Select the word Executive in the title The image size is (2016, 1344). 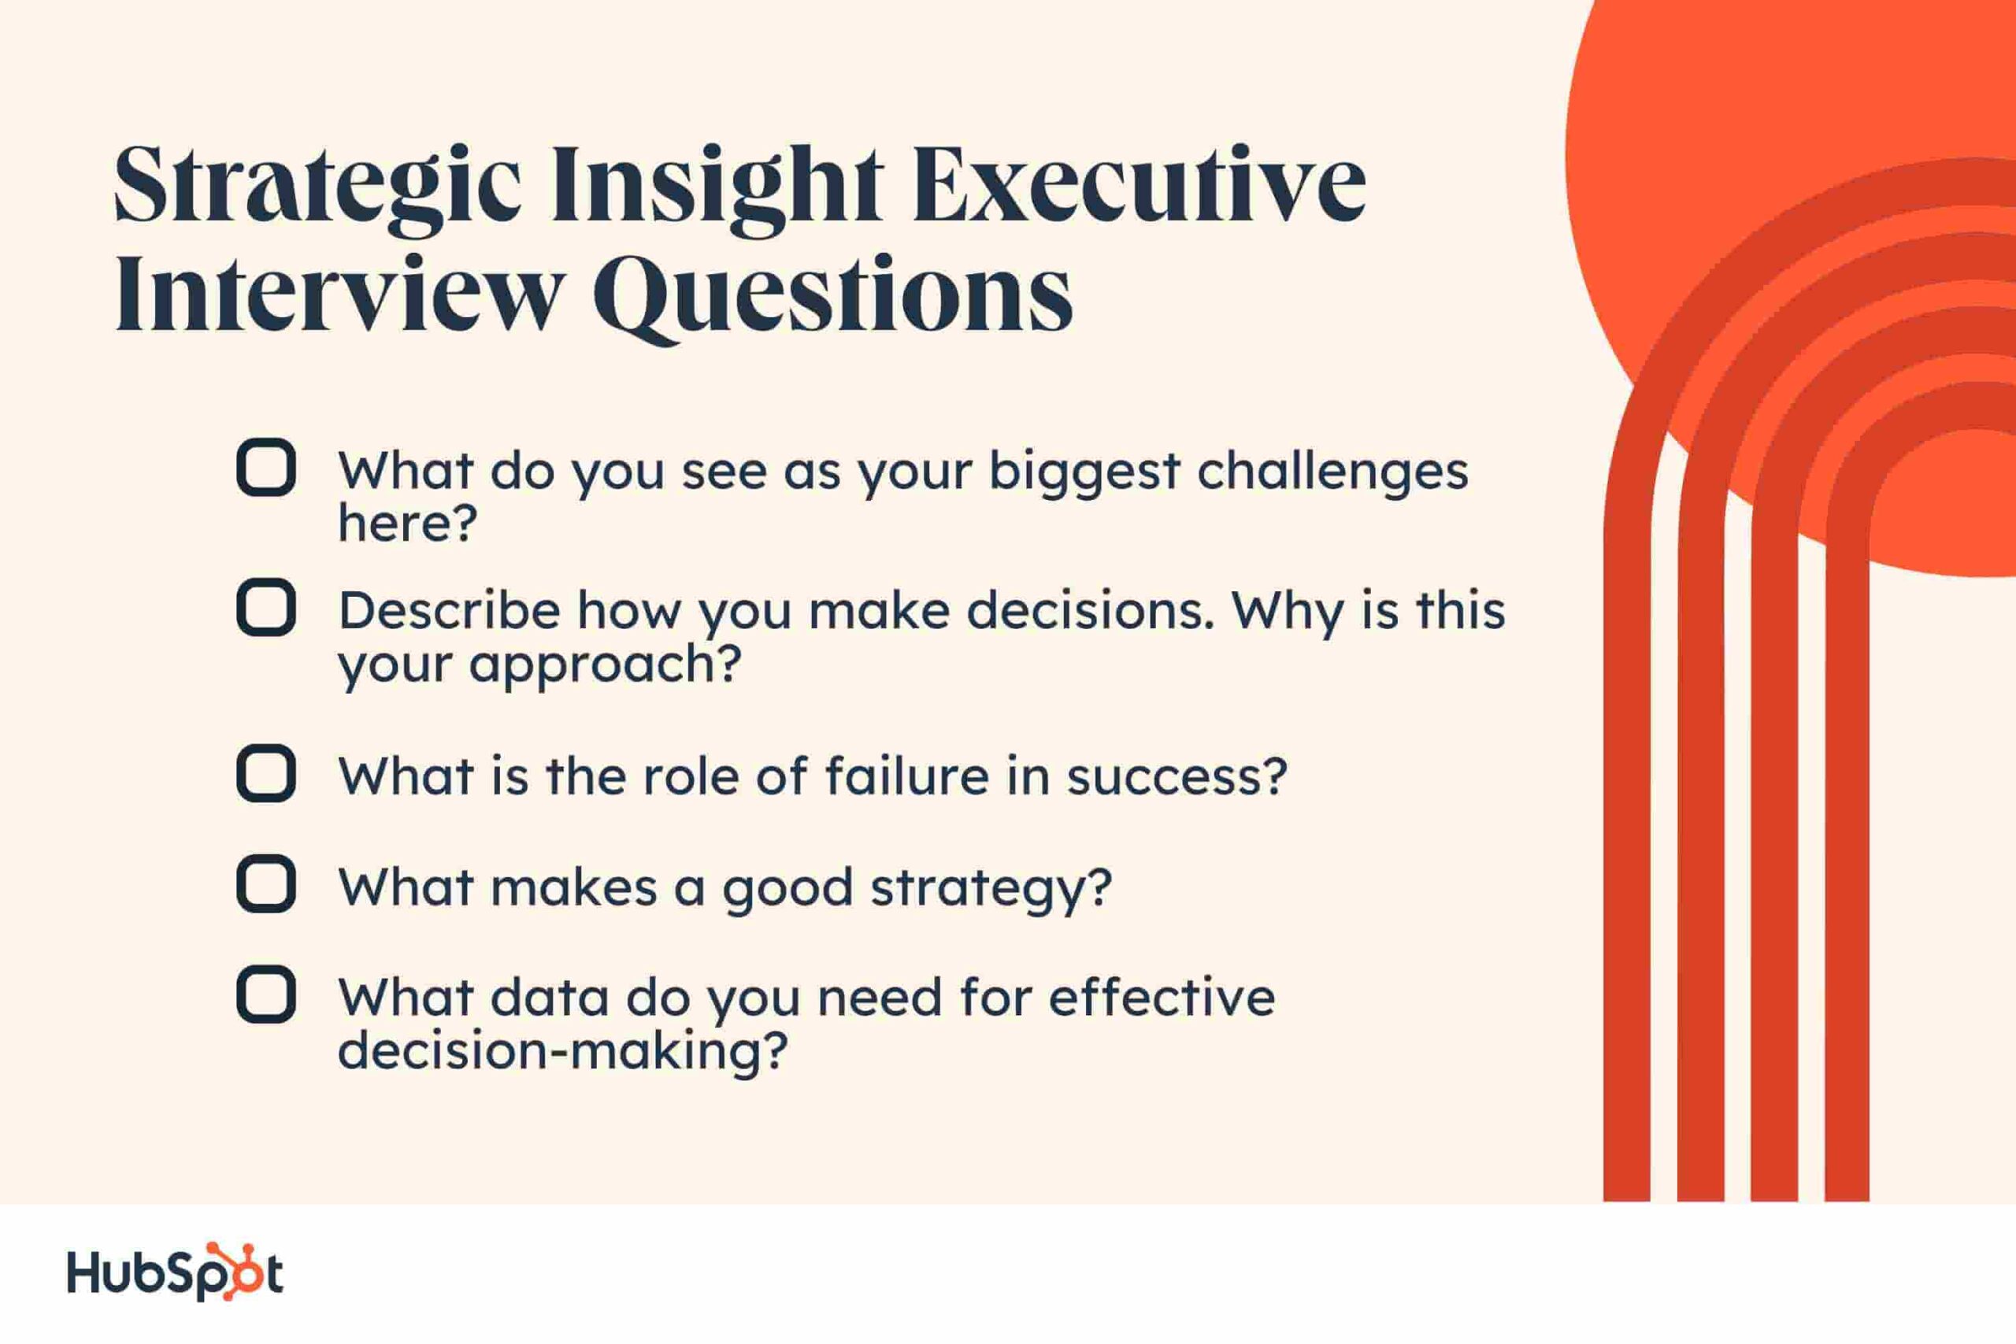1140,183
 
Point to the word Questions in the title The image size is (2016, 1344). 832,296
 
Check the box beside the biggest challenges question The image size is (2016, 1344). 265,468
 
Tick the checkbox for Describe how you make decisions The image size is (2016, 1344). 265,608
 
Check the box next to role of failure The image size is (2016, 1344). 265,774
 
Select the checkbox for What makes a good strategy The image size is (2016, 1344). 265,883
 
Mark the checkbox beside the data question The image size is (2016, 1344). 265,995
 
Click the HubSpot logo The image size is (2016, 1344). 175,1272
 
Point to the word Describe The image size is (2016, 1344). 449,610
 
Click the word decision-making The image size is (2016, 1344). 562,1051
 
